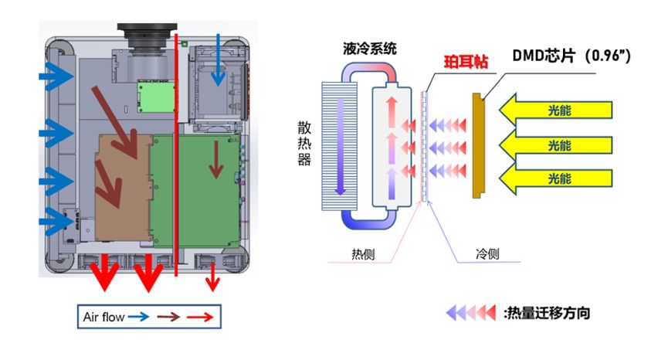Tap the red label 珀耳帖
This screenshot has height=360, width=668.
465,63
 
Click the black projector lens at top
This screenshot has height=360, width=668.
147,35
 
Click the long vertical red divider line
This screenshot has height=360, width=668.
177,155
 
